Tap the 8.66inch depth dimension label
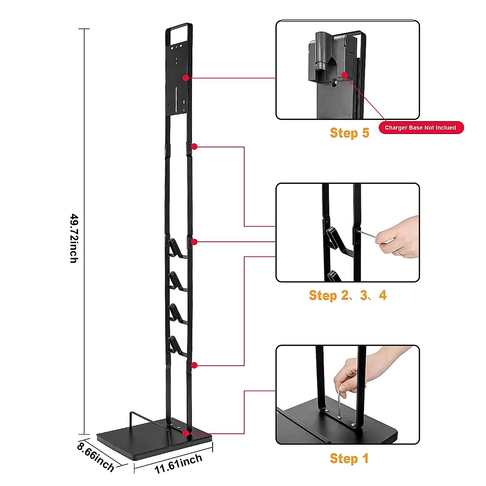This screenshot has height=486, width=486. tap(96, 457)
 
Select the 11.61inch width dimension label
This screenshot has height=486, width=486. tap(178, 464)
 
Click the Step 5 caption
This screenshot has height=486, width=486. tap(350, 133)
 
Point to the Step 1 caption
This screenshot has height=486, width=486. tap(349, 458)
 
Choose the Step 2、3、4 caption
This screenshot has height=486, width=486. tap(347, 295)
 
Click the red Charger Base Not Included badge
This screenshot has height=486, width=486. tap(420, 128)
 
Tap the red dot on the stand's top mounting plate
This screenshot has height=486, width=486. tap(185, 77)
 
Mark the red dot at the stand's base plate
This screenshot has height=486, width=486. tap(185, 433)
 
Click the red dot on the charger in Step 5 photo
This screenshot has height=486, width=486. tap(345, 75)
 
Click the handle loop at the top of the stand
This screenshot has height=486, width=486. tap(179, 32)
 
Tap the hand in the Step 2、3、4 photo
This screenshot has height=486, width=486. tap(399, 237)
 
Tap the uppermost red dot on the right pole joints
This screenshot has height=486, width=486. tap(194, 146)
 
